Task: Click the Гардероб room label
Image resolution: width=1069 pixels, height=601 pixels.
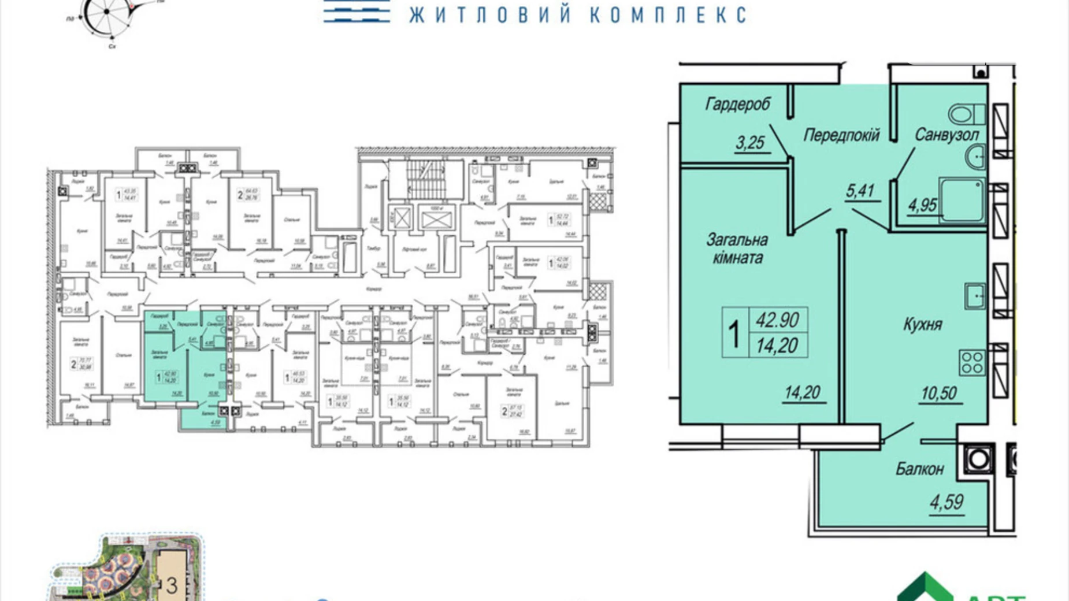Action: pyautogui.click(x=737, y=104)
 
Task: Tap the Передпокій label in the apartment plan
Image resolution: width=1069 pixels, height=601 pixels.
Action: pyautogui.click(x=841, y=135)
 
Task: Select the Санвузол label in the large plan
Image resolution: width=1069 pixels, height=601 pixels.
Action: pyautogui.click(x=946, y=135)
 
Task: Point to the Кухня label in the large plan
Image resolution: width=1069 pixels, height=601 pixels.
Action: pyautogui.click(x=922, y=324)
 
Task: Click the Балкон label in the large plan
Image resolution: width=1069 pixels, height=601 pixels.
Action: pyautogui.click(x=919, y=469)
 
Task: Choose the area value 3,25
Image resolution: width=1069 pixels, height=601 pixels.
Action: pyautogui.click(x=750, y=142)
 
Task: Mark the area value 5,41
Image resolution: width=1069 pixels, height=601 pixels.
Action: pyautogui.click(x=860, y=191)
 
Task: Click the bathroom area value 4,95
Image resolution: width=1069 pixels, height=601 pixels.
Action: pyautogui.click(x=922, y=205)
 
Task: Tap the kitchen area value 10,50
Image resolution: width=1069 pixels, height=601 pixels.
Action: pyautogui.click(x=939, y=393)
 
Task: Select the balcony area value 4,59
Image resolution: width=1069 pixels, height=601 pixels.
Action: pyautogui.click(x=946, y=502)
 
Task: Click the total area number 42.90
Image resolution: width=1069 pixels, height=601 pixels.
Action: pyautogui.click(x=777, y=320)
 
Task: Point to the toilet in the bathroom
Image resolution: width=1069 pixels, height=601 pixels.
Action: pyautogui.click(x=966, y=114)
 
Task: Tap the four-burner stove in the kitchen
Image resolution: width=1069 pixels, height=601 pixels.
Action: pyautogui.click(x=972, y=362)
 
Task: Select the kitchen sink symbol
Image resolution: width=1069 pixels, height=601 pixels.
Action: pyautogui.click(x=975, y=296)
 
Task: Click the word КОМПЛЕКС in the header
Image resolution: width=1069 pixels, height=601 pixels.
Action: pyautogui.click(x=668, y=14)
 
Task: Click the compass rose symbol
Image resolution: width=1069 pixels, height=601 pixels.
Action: pyautogui.click(x=107, y=13)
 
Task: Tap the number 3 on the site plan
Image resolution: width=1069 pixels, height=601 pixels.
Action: pyautogui.click(x=172, y=585)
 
